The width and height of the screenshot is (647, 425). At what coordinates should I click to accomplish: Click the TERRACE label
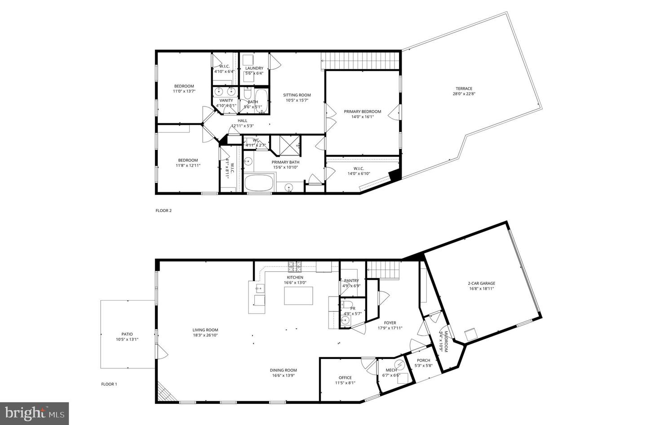click(x=462, y=89)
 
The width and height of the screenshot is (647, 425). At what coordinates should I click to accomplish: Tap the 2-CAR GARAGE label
click(x=481, y=283)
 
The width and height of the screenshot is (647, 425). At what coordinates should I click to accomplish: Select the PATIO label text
click(x=127, y=334)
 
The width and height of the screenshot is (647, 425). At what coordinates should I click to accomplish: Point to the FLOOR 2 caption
click(x=164, y=210)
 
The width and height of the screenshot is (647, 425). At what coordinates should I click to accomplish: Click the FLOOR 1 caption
click(x=109, y=384)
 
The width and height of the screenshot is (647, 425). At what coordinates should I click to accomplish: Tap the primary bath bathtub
click(x=258, y=183)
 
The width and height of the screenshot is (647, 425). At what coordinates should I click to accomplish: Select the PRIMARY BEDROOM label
click(x=362, y=111)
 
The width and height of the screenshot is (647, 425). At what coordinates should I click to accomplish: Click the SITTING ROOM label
click(x=297, y=95)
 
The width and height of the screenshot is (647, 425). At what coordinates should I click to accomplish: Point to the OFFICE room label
click(x=345, y=377)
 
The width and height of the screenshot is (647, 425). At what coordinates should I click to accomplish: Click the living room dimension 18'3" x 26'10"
click(x=205, y=335)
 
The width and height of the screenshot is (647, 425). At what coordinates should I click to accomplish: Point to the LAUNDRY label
click(x=254, y=68)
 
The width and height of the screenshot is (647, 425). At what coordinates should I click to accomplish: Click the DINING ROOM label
click(x=283, y=370)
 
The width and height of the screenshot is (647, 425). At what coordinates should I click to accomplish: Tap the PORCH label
click(x=423, y=360)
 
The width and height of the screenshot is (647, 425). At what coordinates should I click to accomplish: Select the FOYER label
click(x=390, y=323)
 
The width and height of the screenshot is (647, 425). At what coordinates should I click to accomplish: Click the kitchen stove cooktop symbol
click(x=295, y=267)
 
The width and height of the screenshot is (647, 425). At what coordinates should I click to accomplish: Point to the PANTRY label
click(x=351, y=280)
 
